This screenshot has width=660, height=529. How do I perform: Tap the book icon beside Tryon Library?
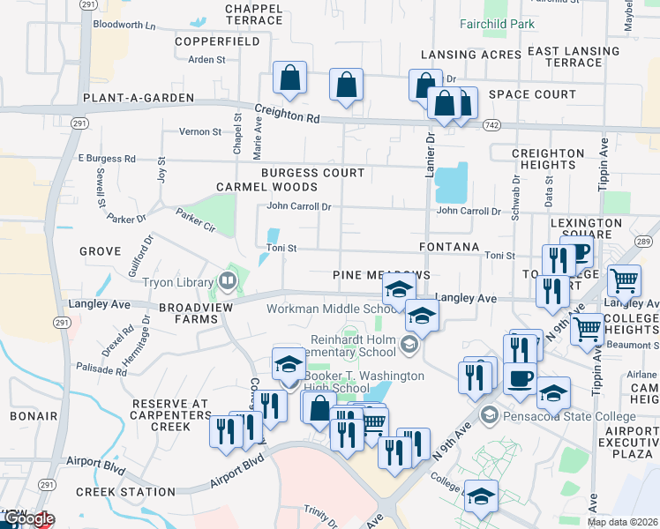click(x=228, y=282)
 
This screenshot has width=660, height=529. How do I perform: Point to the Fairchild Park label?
click(x=497, y=25)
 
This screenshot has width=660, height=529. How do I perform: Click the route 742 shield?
click(x=492, y=126)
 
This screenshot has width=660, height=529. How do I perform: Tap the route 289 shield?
click(x=643, y=242)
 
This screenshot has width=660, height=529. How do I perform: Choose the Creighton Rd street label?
click(x=287, y=115)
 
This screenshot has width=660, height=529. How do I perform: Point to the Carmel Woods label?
click(x=266, y=187)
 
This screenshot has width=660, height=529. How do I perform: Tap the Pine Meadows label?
click(x=381, y=275)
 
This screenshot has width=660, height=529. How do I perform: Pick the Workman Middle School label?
click(x=331, y=309)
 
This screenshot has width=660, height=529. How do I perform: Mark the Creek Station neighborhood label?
click(x=125, y=491)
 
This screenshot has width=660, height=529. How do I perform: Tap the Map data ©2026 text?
click(x=621, y=522)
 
